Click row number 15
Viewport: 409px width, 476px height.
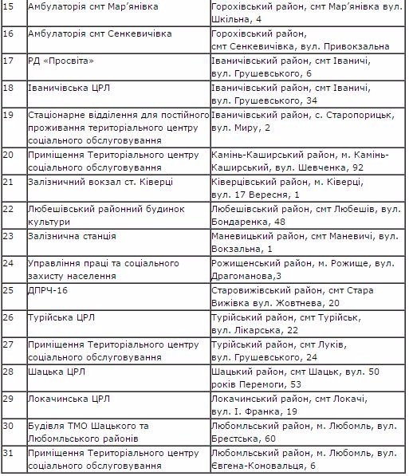[9, 6]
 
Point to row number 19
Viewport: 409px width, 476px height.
[9, 115]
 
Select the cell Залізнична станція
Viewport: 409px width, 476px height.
[72, 237]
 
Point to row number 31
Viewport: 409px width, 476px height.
[9, 453]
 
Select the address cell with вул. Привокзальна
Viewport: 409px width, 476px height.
[302, 41]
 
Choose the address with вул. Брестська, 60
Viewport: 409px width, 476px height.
[304, 431]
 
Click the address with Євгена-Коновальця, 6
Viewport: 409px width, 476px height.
[304, 458]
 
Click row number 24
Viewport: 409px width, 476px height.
[9, 263]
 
